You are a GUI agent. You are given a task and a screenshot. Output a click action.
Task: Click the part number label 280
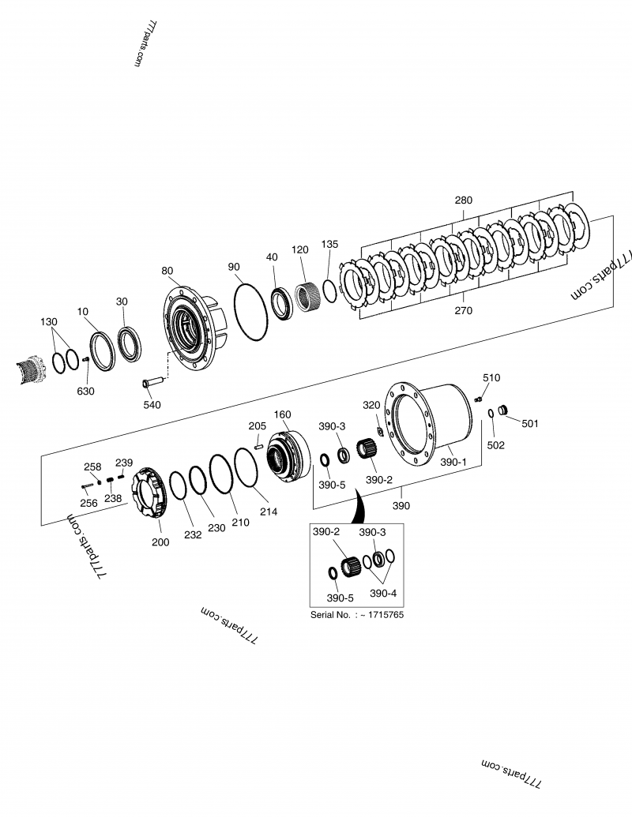click(x=463, y=201)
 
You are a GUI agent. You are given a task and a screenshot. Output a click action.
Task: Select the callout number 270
click(x=463, y=310)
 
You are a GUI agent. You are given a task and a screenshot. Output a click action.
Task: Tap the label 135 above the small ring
click(x=330, y=245)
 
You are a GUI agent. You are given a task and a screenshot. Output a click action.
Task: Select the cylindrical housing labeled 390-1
click(x=434, y=427)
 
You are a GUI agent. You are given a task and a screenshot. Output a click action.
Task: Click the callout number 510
click(x=491, y=378)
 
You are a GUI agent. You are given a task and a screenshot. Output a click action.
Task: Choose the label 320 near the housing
click(x=371, y=405)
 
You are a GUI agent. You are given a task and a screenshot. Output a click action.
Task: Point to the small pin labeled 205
click(x=258, y=448)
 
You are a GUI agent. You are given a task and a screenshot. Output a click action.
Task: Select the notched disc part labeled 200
click(x=150, y=494)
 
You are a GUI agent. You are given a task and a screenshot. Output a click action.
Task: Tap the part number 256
click(x=88, y=502)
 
